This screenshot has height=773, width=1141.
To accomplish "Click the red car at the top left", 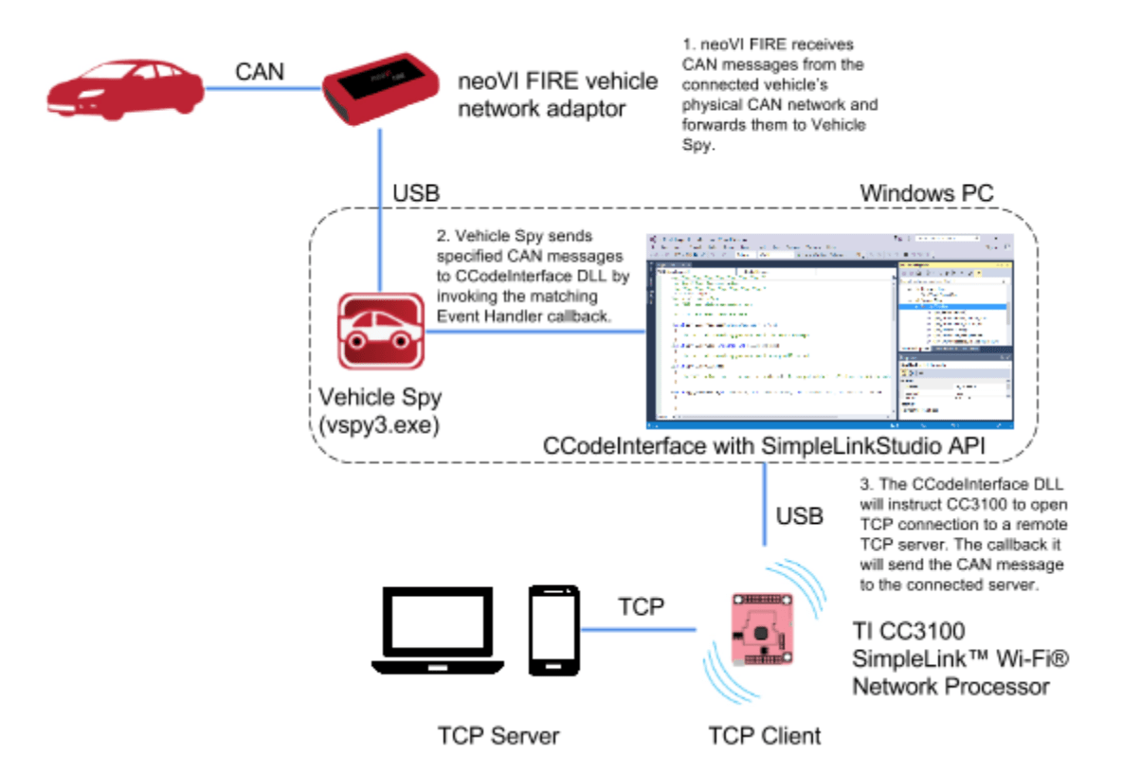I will coord(125,87).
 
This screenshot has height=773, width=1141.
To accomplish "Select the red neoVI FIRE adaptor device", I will coord(382,87).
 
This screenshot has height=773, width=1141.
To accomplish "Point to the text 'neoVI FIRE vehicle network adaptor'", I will coord(557,95).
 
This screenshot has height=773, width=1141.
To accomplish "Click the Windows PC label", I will coord(926,193).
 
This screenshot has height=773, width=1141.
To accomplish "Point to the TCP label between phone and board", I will coord(642,606).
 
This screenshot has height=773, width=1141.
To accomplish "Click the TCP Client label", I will coord(766,735).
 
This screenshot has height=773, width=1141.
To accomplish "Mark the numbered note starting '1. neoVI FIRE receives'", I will coord(780,95).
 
